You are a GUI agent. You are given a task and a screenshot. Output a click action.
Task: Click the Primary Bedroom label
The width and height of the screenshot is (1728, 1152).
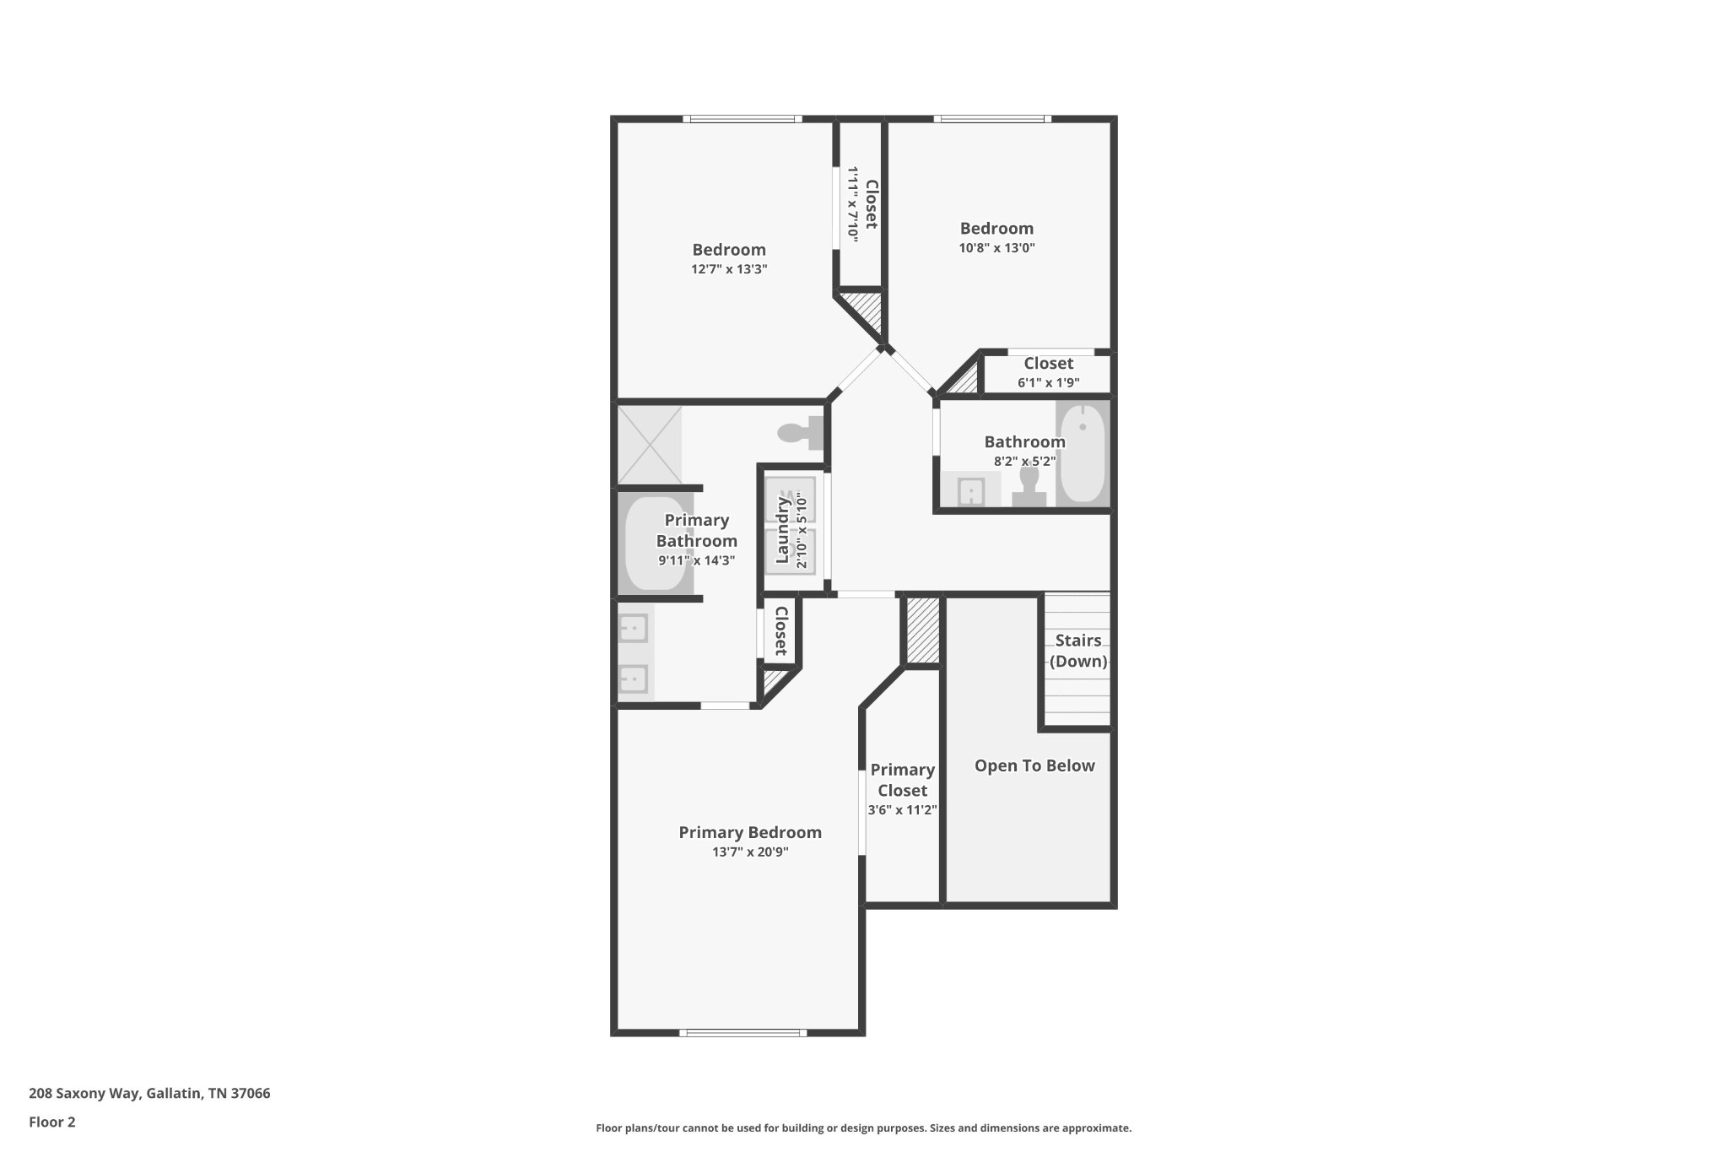[750, 832]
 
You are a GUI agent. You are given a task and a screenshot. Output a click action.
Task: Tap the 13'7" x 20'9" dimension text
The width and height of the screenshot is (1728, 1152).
[750, 852]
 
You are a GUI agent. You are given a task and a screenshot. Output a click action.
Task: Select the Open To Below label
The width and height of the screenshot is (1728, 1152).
[1034, 765]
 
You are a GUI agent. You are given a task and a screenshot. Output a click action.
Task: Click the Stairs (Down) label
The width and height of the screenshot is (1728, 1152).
[1078, 651]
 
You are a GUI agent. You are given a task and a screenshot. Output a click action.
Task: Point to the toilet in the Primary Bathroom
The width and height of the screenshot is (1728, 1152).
[800, 433]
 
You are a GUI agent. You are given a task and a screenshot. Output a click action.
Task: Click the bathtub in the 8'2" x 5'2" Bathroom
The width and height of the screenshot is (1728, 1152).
[1082, 454]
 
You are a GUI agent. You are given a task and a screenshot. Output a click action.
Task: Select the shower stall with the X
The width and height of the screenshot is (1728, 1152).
[650, 445]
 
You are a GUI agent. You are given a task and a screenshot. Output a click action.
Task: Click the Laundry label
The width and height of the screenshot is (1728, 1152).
[782, 530]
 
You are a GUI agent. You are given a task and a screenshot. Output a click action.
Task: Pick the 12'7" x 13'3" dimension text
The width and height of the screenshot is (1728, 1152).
[729, 269]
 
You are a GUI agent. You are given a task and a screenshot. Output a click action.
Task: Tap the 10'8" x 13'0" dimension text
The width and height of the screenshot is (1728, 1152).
[996, 248]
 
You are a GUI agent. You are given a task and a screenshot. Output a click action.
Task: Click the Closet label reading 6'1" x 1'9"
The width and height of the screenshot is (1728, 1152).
[1049, 364]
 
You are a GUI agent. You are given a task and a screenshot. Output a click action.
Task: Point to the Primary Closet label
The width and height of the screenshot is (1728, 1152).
[902, 780]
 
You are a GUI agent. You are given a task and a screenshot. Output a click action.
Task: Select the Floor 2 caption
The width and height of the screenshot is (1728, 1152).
[52, 1122]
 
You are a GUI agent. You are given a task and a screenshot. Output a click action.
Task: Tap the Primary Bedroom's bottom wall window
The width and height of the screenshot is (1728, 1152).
[742, 1032]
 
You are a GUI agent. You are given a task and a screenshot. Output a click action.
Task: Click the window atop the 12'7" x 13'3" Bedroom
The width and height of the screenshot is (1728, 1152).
[742, 119]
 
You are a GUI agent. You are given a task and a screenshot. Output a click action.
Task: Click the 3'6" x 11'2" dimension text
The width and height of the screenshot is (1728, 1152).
[902, 810]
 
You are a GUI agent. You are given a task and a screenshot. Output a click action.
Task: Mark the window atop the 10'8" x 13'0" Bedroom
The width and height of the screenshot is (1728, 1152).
[992, 119]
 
